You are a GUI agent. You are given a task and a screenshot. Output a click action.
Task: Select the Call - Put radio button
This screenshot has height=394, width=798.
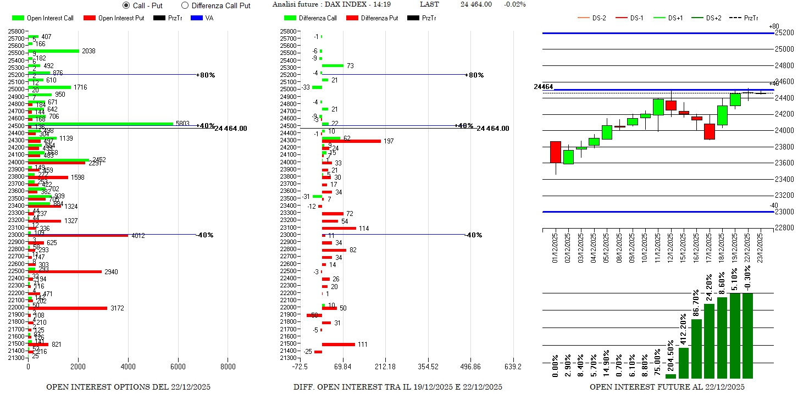[x=126, y=5]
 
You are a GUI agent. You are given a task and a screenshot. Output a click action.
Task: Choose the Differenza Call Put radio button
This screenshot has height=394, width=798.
[x=185, y=5]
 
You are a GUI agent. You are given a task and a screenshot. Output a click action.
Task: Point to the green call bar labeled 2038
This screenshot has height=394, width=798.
[x=54, y=51]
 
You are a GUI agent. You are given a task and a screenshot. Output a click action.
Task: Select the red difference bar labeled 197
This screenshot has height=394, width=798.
[x=351, y=141]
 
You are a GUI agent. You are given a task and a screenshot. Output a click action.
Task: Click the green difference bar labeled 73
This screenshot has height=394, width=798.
[x=332, y=65]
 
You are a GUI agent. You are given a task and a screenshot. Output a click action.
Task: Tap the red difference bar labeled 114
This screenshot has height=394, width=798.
[x=339, y=228]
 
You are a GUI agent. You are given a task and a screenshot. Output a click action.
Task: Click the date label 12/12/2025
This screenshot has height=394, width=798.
[x=670, y=248]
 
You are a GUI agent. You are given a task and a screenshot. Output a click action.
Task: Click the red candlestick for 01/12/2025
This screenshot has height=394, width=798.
[x=555, y=152]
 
